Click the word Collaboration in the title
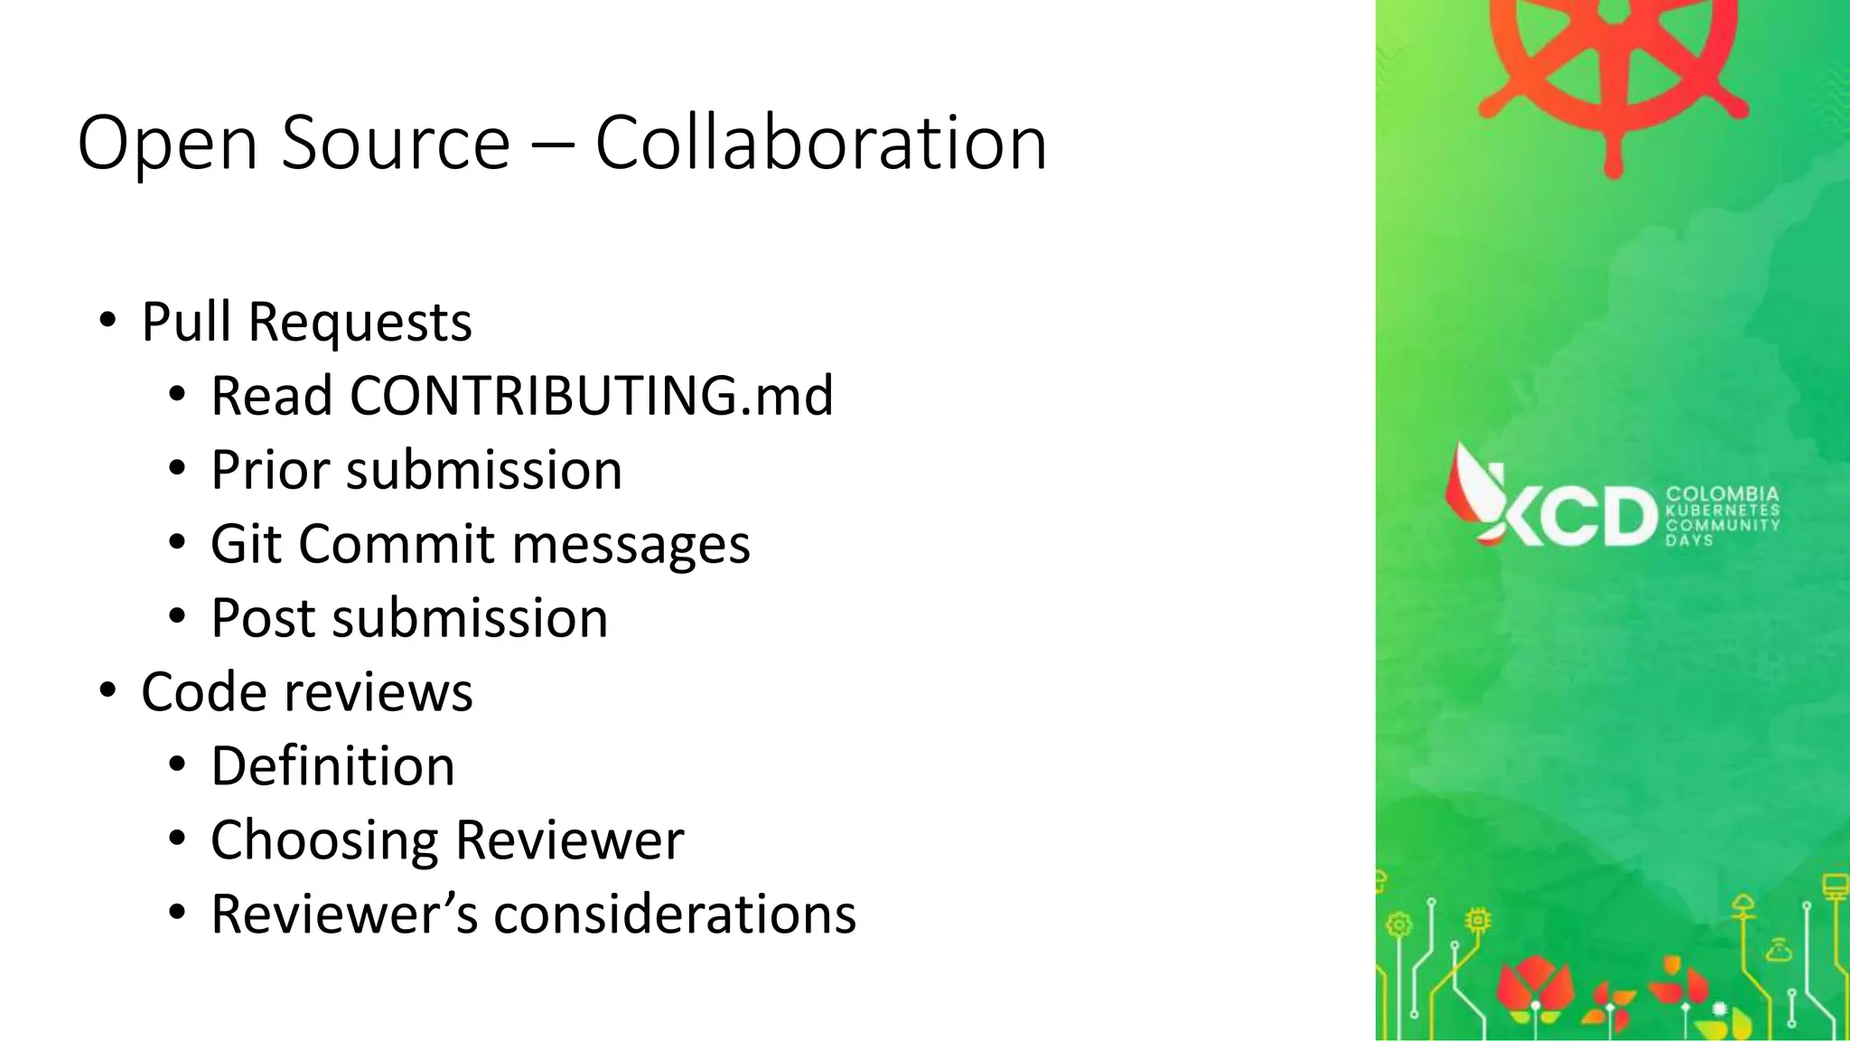(820, 143)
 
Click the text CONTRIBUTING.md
(592, 396)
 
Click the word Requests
(360, 324)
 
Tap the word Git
(246, 544)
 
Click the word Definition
(332, 766)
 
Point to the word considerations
(675, 914)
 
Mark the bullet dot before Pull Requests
(108, 322)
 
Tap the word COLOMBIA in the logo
(1722, 494)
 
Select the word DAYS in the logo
(1689, 540)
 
